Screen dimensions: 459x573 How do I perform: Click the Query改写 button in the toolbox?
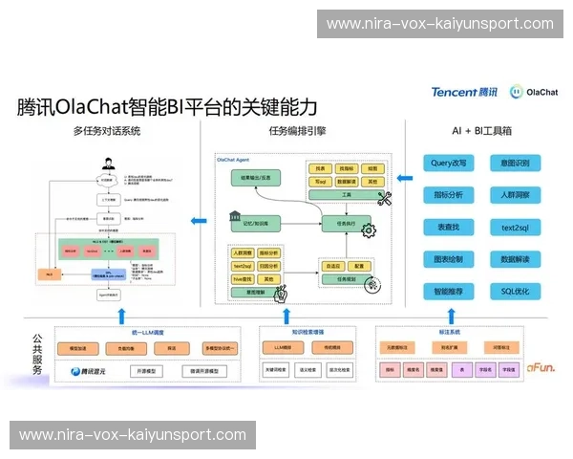[x=448, y=164]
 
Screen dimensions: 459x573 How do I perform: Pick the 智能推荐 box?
[x=448, y=291]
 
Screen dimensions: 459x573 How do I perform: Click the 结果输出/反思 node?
[x=255, y=177]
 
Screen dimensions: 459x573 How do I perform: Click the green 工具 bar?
[x=346, y=193]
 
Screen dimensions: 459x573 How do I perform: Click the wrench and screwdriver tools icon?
[x=385, y=198]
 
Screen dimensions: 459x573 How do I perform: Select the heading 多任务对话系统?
[x=107, y=131]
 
